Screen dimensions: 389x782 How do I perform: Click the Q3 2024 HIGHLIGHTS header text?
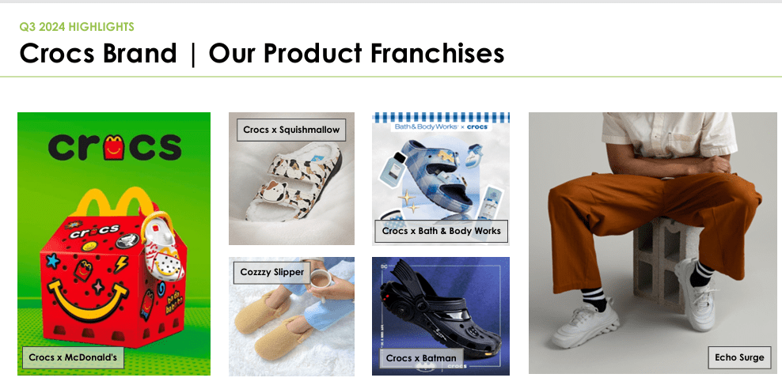(77, 27)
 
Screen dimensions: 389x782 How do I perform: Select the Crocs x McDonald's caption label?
(73, 357)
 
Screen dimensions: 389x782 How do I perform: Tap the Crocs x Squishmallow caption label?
(291, 130)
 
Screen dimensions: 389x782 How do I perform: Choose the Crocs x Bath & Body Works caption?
(441, 231)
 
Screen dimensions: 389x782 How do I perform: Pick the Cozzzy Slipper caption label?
(271, 272)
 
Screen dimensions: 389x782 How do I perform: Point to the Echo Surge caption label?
(739, 357)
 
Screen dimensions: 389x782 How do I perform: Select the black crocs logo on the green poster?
(114, 145)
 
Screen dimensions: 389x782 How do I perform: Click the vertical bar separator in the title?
(192, 55)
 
